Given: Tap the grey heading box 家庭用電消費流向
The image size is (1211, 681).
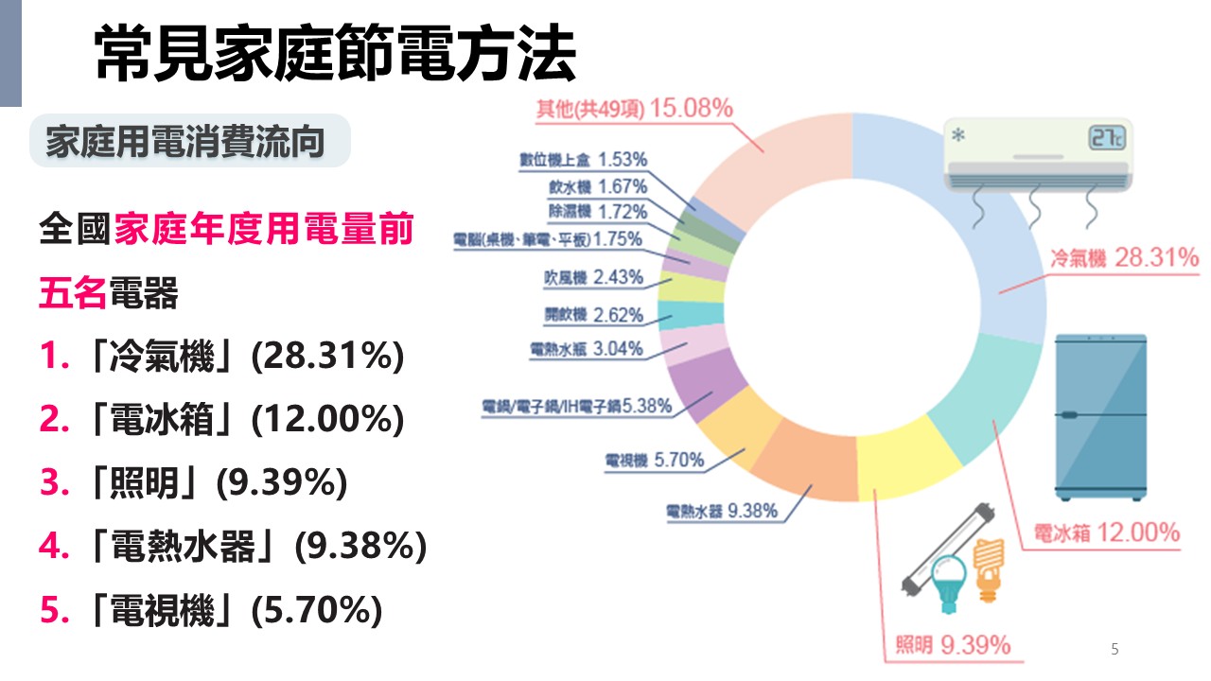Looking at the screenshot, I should tap(185, 142).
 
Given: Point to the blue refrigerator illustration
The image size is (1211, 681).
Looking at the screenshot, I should tap(1101, 416).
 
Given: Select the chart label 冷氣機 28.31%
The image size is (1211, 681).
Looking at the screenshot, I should tap(1124, 257).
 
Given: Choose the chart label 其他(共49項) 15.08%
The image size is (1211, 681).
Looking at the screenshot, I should tap(634, 109).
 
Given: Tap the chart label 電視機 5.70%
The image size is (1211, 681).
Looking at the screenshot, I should tap(655, 461).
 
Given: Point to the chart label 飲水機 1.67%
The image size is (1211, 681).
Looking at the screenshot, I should tap(598, 185).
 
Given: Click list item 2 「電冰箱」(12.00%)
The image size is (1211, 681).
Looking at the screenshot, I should tap(221, 419).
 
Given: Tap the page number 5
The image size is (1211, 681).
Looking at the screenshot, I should tap(1114, 649).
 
